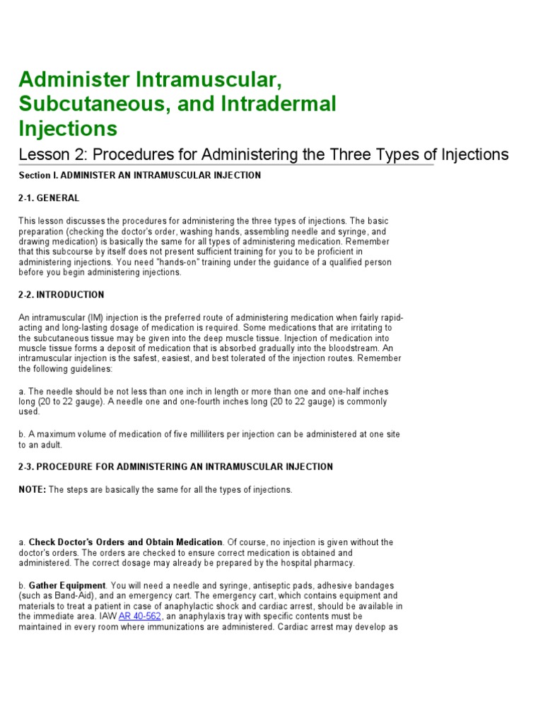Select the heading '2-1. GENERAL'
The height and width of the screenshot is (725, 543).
pyautogui.click(x=49, y=198)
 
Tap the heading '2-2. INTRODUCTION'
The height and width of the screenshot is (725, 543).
pyautogui.click(x=61, y=295)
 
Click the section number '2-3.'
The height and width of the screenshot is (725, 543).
pyautogui.click(x=26, y=467)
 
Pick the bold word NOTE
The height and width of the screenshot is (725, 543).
pyautogui.click(x=32, y=490)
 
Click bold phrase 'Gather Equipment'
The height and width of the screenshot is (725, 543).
pyautogui.click(x=67, y=586)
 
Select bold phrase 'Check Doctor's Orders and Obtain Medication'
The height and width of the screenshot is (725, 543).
pyautogui.click(x=125, y=542)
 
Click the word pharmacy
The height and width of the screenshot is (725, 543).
pyautogui.click(x=336, y=563)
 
